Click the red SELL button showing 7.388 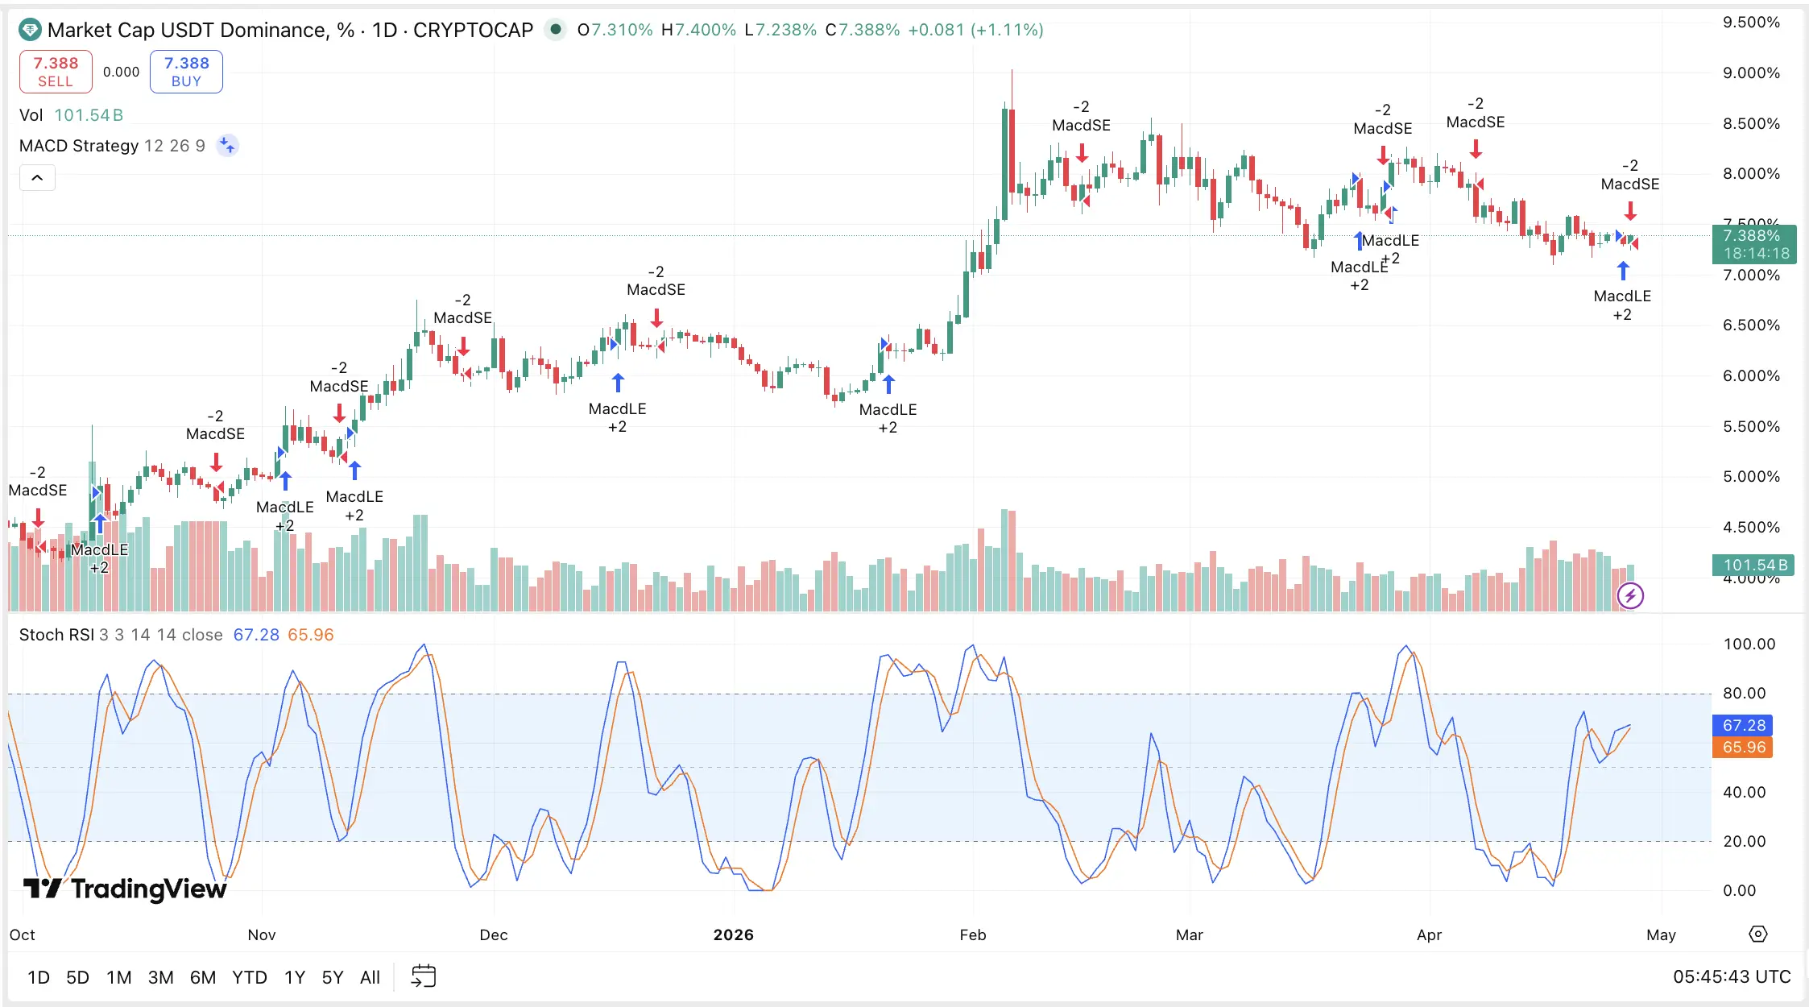coord(56,72)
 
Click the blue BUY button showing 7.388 coord(186,72)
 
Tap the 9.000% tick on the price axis coord(1751,73)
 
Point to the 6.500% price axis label coord(1751,325)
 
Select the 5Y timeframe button coord(333,977)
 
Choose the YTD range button coord(249,977)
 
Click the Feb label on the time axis coord(972,934)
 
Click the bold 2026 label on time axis coord(733,934)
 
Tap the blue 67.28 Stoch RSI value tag coord(1744,725)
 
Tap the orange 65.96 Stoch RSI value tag coord(1744,747)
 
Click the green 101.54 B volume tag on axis coord(1754,565)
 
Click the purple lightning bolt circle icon coord(1630,596)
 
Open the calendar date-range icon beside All coord(423,976)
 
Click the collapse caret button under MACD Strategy coord(37,177)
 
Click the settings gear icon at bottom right coord(1758,934)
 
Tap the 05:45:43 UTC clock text coord(1732,976)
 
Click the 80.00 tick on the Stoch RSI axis coord(1744,693)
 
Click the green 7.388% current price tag coord(1754,244)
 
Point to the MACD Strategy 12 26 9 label coord(112,146)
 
